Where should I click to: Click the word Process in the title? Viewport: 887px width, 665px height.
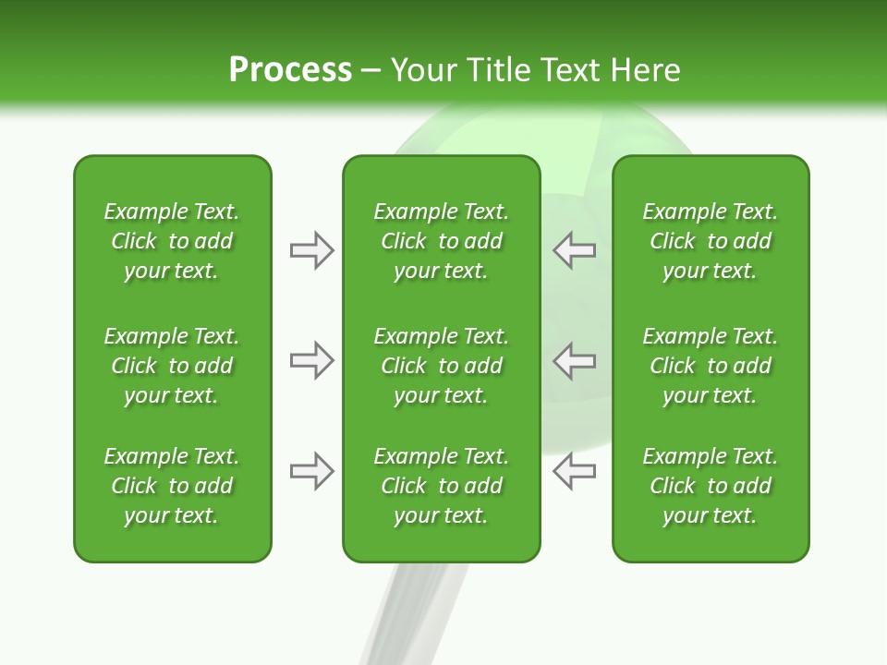coord(290,70)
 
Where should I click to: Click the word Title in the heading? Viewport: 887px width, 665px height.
coord(497,70)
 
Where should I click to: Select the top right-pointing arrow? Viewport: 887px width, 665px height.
coord(312,250)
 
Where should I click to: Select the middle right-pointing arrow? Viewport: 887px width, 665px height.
coord(312,360)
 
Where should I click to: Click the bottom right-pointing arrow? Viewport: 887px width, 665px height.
coord(312,471)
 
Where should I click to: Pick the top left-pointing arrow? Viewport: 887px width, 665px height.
coord(574,250)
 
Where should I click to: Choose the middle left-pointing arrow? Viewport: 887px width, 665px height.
coord(574,360)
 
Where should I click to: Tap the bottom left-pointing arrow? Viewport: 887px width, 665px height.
coord(574,471)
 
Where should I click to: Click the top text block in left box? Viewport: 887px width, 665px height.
coord(172,241)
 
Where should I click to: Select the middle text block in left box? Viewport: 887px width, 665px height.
coord(172,366)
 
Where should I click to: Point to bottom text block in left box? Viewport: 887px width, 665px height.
coord(172,486)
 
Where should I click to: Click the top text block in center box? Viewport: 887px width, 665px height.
coord(441,241)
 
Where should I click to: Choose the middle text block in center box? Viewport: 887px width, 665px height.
coord(441,366)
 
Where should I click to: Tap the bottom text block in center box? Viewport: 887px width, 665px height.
coord(441,486)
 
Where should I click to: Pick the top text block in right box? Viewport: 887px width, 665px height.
coord(710,241)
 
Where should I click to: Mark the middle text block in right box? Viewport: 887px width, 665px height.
coord(710,366)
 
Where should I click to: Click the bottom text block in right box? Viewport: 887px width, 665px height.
coord(710,486)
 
